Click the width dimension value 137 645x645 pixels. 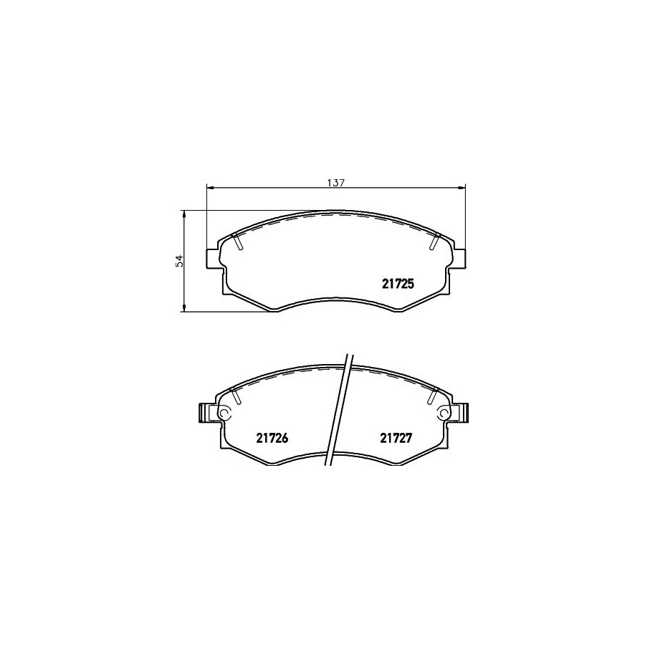(336, 182)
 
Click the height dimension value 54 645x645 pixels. (181, 261)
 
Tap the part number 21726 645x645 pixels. (272, 439)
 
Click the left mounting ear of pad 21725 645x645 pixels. (213, 258)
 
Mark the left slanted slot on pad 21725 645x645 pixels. (239, 242)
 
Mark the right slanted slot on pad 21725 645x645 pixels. (434, 242)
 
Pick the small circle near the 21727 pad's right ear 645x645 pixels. (444, 414)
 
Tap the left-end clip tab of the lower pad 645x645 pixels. (203, 413)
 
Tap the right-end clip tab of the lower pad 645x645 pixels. (465, 413)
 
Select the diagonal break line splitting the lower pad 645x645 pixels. (339, 416)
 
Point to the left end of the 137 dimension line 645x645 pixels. (206, 188)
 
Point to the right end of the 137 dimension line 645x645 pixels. (466, 188)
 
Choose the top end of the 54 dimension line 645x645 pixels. (184, 211)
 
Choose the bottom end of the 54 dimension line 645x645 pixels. (184, 312)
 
